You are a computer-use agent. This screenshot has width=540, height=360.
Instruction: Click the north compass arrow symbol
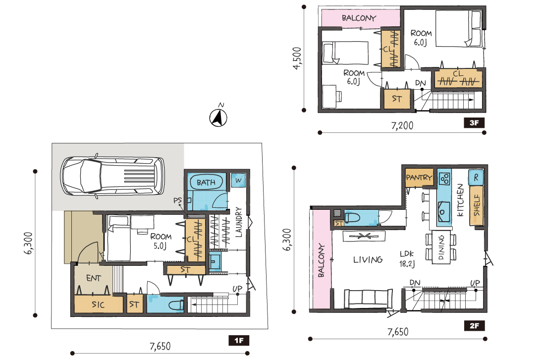click(x=218, y=117)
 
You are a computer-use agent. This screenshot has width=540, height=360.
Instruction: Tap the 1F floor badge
click(x=239, y=341)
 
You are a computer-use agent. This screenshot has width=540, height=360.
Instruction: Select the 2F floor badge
click(x=474, y=325)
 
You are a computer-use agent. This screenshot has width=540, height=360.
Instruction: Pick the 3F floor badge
click(x=474, y=123)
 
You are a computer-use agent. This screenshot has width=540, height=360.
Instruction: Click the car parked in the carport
click(x=112, y=177)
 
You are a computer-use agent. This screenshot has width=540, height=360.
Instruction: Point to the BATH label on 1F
click(x=206, y=182)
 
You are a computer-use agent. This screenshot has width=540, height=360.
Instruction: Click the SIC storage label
click(x=98, y=305)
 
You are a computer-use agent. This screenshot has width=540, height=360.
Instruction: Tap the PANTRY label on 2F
click(x=419, y=177)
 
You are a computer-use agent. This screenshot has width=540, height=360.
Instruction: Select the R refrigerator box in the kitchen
click(x=476, y=177)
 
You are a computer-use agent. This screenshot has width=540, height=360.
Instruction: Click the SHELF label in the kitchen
click(x=477, y=205)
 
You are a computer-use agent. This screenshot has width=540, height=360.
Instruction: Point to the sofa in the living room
click(x=368, y=299)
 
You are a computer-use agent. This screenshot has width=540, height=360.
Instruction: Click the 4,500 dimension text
click(x=297, y=59)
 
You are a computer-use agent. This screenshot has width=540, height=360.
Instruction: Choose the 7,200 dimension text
click(x=402, y=125)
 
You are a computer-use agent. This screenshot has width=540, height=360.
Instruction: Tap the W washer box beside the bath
click(x=238, y=180)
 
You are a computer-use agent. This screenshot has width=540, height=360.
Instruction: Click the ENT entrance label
click(x=93, y=278)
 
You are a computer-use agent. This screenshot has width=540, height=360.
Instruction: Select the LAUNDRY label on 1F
click(x=239, y=222)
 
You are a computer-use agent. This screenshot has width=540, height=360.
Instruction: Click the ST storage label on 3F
click(x=397, y=99)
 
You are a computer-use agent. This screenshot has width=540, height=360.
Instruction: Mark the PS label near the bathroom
click(x=177, y=200)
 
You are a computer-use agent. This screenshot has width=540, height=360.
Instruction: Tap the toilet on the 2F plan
click(x=352, y=218)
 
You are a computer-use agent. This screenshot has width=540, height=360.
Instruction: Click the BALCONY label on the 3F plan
click(x=359, y=18)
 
